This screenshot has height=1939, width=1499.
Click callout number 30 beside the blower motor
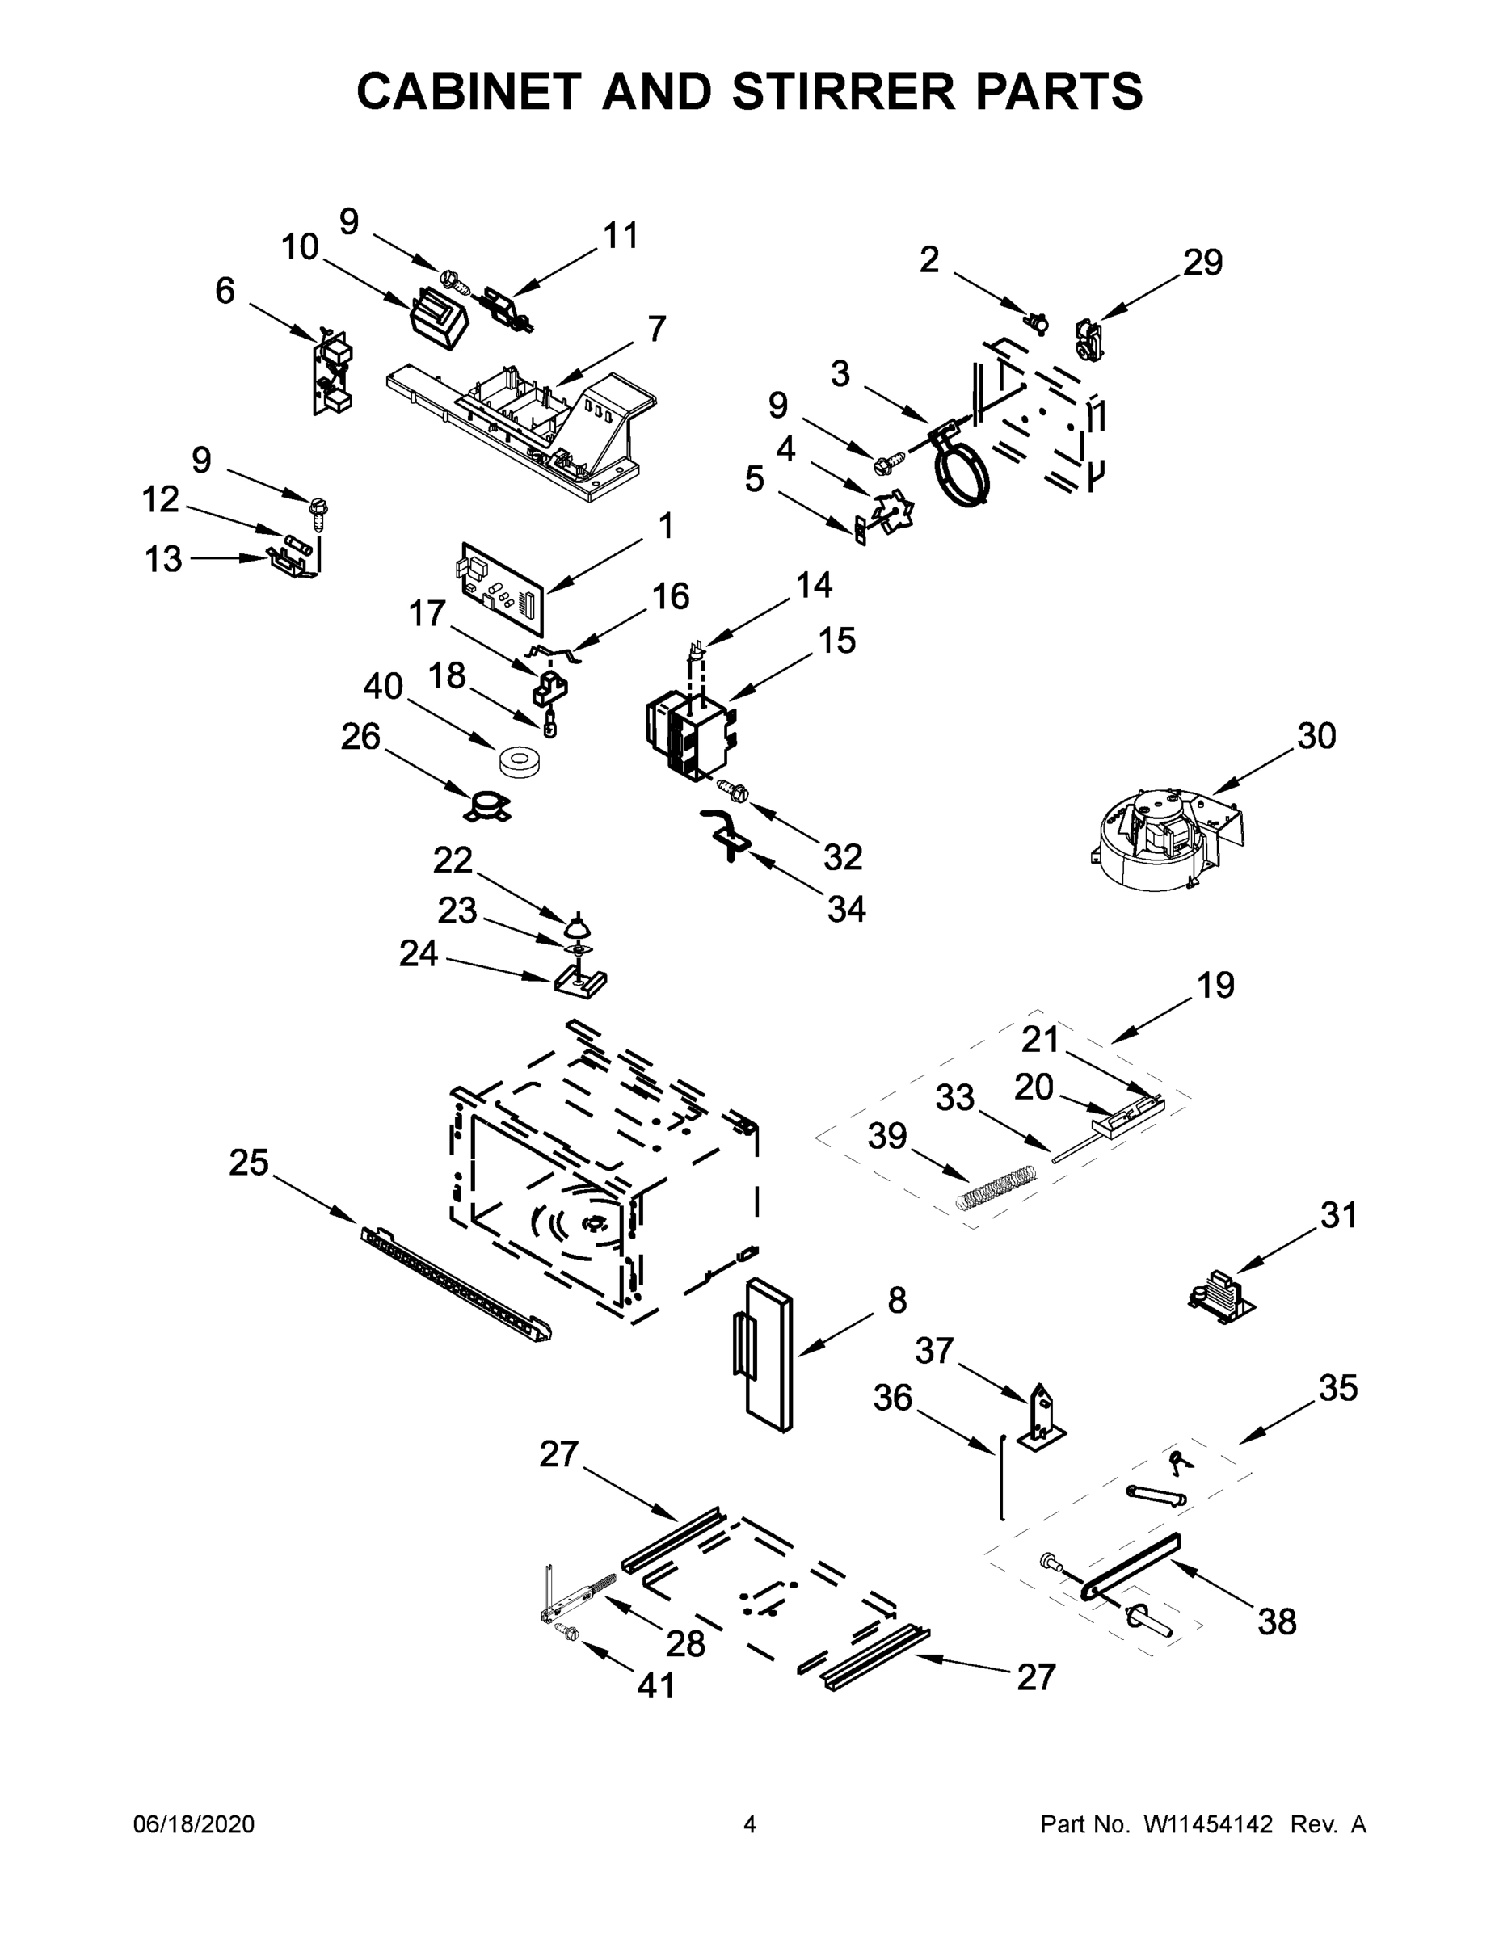pyautogui.click(x=1316, y=736)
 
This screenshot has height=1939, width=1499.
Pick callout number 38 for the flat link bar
pyautogui.click(x=1276, y=1622)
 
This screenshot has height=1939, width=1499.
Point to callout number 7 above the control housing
pyautogui.click(x=656, y=330)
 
